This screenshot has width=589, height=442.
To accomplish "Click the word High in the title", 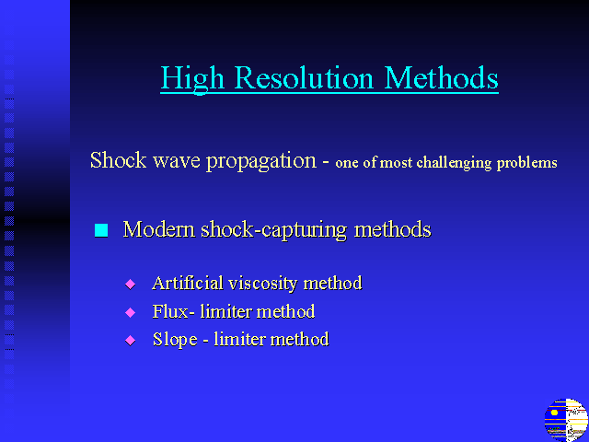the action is click(x=192, y=78).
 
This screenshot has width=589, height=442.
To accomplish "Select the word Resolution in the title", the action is click(x=305, y=77).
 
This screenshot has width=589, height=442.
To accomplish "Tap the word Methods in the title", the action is click(x=442, y=77).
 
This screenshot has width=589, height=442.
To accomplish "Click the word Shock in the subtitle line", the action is click(x=118, y=160).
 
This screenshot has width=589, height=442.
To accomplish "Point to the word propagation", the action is click(x=261, y=162).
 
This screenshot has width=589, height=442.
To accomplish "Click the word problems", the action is click(x=527, y=163).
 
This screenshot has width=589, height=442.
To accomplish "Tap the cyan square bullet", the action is click(x=101, y=230).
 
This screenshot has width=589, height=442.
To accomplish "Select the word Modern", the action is click(x=159, y=229).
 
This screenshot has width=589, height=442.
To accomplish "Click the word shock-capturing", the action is click(x=274, y=230).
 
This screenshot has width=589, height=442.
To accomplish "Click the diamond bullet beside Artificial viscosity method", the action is click(x=131, y=285).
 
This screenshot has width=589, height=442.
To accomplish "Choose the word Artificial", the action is click(x=188, y=283).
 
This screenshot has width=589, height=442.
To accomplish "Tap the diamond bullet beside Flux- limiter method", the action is click(x=131, y=312).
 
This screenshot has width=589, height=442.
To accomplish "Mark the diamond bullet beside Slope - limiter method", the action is click(x=131, y=341).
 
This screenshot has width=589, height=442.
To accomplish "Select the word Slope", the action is click(x=175, y=340).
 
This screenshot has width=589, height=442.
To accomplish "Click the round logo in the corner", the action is click(x=567, y=420).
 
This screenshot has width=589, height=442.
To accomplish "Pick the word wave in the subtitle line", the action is click(x=177, y=161).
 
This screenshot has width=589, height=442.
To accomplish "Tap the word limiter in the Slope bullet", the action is click(x=239, y=340).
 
